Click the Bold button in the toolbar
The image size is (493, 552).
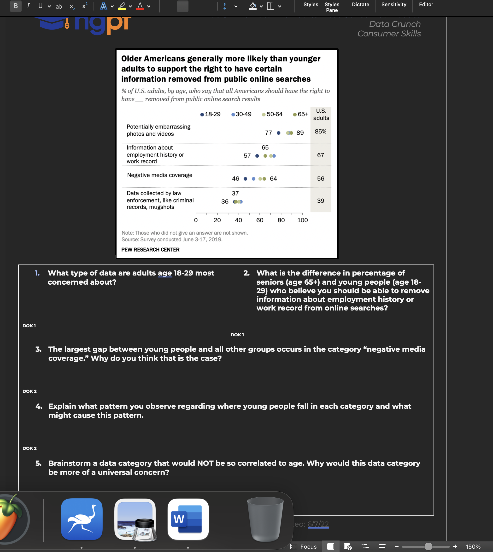(16, 6)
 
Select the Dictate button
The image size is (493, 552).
(360, 5)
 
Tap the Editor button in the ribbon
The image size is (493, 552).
(426, 5)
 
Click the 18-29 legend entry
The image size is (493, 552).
(210, 114)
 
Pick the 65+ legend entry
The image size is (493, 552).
(300, 114)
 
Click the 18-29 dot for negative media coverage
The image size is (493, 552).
(245, 178)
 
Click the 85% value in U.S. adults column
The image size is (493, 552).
(320, 132)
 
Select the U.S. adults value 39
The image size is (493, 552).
(320, 201)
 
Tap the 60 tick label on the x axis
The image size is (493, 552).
(259, 220)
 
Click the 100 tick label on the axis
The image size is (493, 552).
(302, 220)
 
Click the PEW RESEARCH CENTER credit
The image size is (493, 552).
(150, 249)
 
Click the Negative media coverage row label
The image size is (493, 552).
(159, 175)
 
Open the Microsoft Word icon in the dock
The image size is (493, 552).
(188, 519)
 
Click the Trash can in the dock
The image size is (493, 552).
(265, 519)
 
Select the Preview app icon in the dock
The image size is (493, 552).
(135, 519)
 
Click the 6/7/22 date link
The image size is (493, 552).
(318, 524)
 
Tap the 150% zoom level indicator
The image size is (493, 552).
(473, 546)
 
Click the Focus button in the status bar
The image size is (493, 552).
(303, 546)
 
